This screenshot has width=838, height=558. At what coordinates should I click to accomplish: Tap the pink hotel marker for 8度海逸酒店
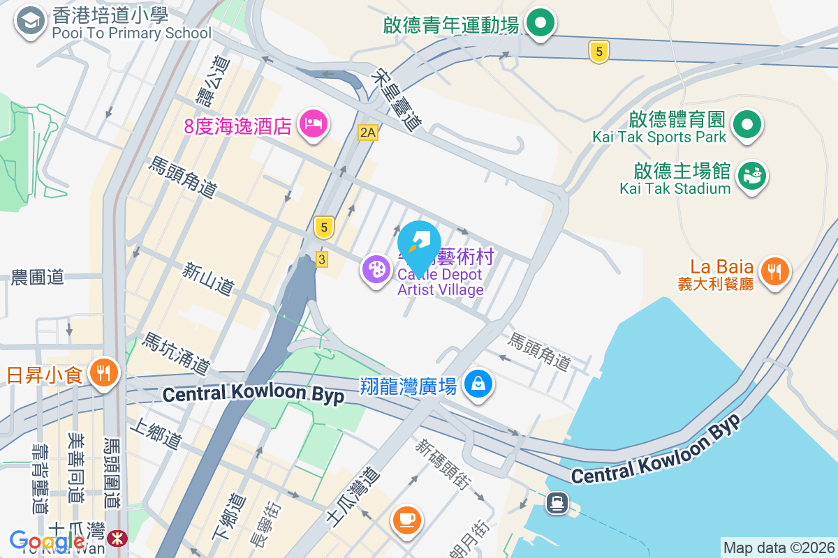(x=314, y=124)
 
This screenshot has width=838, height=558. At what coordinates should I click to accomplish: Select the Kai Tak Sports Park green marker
(x=747, y=126)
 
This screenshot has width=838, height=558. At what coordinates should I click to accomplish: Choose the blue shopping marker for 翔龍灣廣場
(x=478, y=384)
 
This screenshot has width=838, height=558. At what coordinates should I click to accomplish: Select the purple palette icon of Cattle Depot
(x=376, y=269)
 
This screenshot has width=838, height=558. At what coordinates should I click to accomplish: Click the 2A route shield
(x=367, y=133)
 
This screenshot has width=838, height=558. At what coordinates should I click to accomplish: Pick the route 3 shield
(x=321, y=259)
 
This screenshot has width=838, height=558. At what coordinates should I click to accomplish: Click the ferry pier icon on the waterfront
(x=557, y=503)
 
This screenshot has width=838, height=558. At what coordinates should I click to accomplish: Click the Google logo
(x=47, y=541)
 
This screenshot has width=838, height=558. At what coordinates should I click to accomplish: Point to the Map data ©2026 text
(x=779, y=548)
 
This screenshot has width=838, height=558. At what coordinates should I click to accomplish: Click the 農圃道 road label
(x=38, y=277)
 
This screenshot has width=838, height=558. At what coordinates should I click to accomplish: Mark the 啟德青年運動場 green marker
(x=540, y=23)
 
